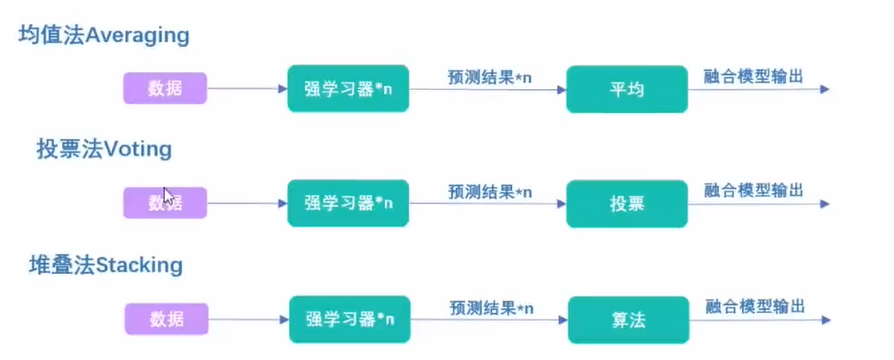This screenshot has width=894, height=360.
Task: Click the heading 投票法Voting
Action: coord(103,149)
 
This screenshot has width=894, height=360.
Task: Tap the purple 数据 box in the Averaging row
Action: coord(165,89)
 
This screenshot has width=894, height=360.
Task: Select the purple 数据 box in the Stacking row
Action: coord(166,317)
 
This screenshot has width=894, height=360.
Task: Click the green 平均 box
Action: coord(626,89)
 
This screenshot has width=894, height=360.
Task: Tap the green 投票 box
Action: coord(626,203)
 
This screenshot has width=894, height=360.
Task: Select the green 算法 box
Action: coord(626,319)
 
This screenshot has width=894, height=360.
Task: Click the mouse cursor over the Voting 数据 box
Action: coord(168,196)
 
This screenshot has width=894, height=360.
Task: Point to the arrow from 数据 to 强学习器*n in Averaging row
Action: coord(247,89)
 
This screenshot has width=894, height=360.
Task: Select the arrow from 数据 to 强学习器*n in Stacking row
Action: coord(247,318)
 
